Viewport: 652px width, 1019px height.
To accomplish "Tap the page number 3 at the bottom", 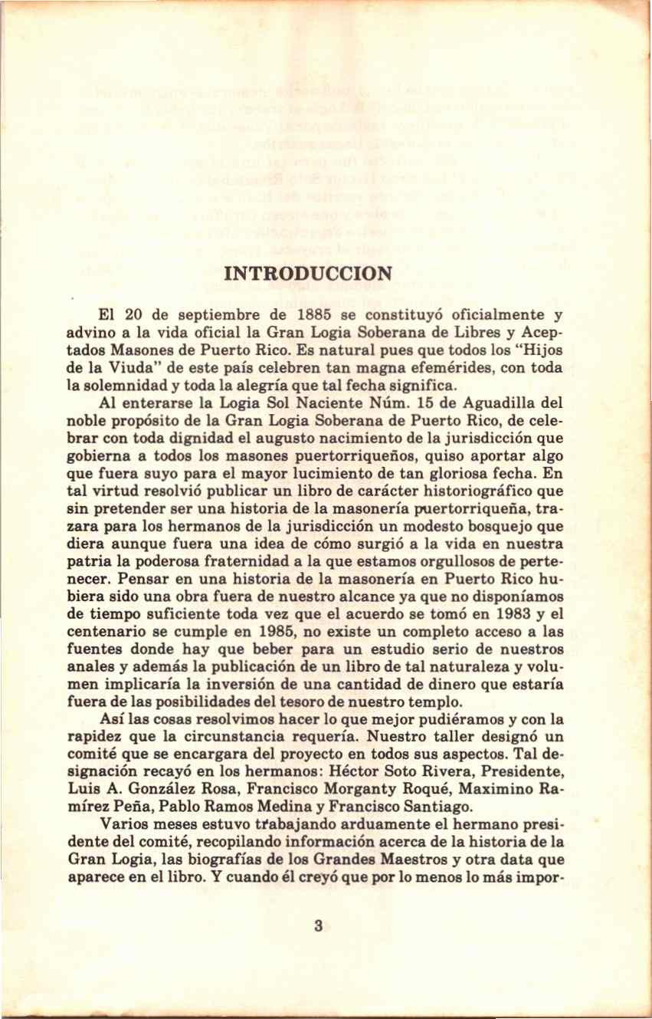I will click(318, 925).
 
